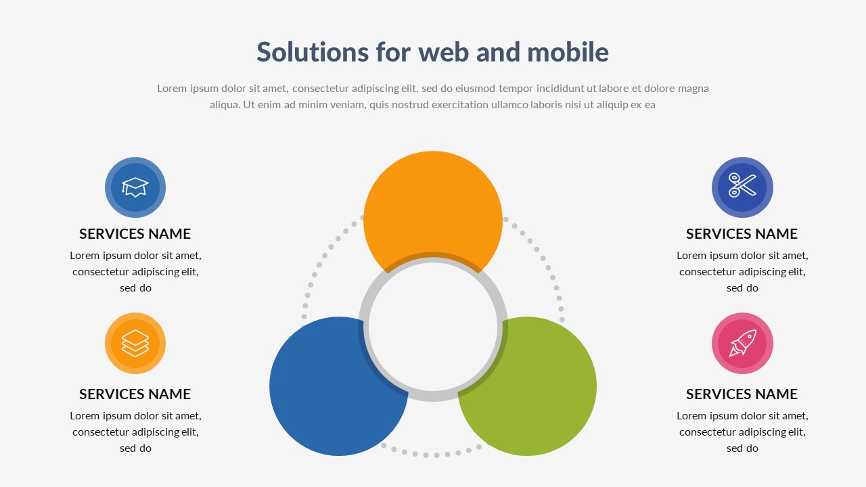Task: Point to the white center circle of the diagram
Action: [433, 327]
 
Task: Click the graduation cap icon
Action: [135, 187]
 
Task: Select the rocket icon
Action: [742, 343]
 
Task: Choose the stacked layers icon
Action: [135, 343]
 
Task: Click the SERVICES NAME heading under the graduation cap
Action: [135, 234]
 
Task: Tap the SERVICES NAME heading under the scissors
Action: [742, 234]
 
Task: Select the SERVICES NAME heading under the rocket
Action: [742, 394]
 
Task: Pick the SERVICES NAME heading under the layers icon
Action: [135, 394]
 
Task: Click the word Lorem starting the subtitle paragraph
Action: [172, 89]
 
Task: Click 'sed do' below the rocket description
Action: [742, 448]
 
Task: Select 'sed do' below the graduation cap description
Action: [135, 288]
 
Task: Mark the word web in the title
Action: [444, 52]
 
